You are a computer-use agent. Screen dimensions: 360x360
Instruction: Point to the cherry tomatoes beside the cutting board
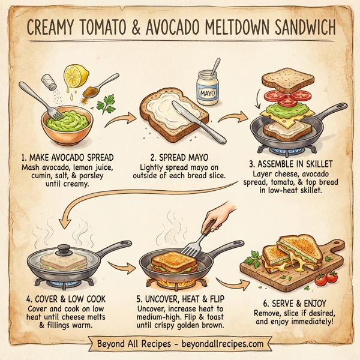tap(327, 278)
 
